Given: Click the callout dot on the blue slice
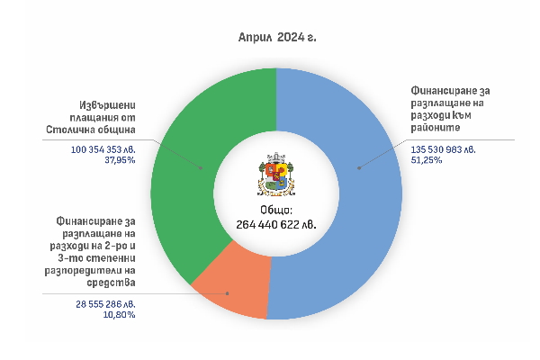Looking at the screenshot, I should (x=357, y=166).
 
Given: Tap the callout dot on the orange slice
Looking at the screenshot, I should (x=229, y=293).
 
